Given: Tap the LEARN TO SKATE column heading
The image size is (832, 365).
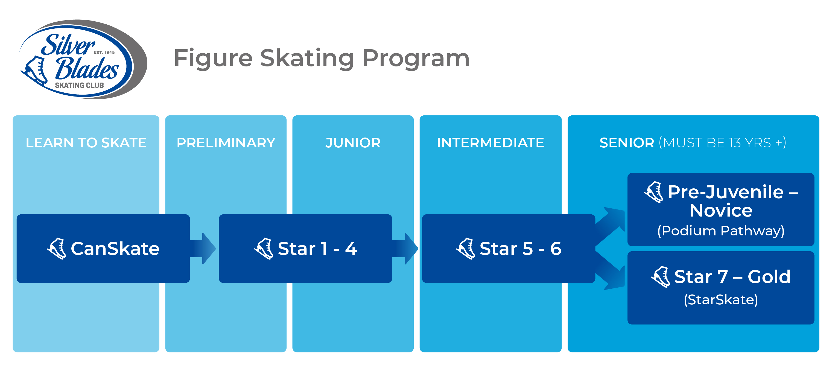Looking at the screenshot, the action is click(86, 143).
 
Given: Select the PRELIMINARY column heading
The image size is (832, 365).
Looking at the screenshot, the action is click(226, 143).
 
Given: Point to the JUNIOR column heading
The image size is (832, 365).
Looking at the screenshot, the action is click(353, 143).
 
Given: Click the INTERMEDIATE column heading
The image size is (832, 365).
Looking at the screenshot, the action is click(490, 143).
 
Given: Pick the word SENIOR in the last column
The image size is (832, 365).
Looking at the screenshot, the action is click(627, 143).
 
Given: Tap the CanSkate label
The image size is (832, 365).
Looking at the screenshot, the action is click(115, 249).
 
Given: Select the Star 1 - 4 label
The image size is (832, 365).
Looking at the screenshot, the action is click(317, 249).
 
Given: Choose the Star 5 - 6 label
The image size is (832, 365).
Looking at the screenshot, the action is click(520, 249).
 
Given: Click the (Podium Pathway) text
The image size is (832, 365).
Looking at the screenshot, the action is click(721, 231).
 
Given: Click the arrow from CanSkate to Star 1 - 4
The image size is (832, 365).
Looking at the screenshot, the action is click(203, 249).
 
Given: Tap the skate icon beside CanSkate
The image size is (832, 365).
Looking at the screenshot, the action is click(57, 249).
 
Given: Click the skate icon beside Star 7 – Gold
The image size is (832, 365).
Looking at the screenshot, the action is click(661, 276).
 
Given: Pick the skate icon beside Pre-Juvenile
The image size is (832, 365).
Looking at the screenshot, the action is click(654, 192).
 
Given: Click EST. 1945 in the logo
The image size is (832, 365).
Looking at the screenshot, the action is click(104, 52).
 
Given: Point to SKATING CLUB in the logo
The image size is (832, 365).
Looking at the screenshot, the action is click(80, 85).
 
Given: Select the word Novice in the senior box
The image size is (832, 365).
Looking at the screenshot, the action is click(721, 211).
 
